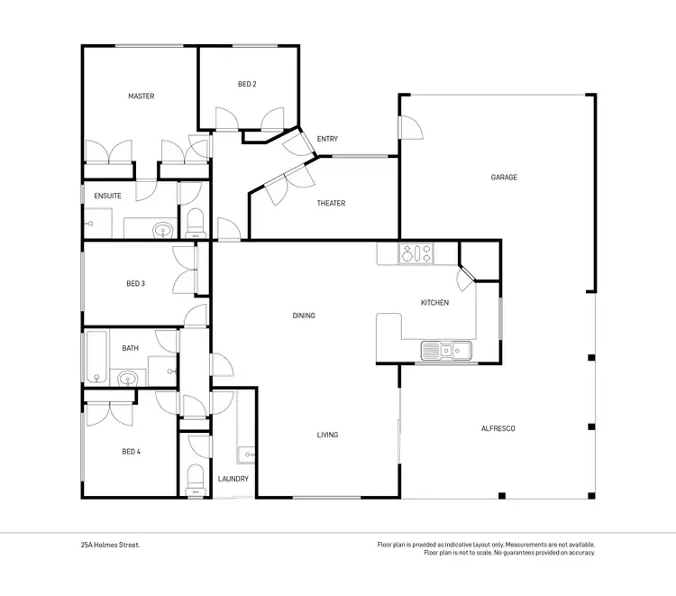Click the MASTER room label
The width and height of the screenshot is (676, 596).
tap(141, 96)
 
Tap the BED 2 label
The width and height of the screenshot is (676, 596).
tap(247, 84)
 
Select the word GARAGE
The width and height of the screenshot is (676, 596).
tap(504, 178)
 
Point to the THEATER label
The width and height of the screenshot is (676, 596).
tap(331, 204)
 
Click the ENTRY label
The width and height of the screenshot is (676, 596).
tap(327, 139)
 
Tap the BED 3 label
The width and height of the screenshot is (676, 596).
tap(136, 283)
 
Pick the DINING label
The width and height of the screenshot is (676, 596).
tap(304, 316)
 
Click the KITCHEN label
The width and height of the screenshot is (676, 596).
tap(434, 303)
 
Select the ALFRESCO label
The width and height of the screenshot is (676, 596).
tap(498, 429)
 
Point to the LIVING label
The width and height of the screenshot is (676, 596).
tap(327, 436)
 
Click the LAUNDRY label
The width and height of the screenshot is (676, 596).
tap(233, 479)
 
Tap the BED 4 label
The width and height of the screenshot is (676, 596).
tap(131, 451)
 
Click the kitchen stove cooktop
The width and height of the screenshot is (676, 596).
tap(416, 254)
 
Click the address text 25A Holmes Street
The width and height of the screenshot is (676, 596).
tap(109, 545)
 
